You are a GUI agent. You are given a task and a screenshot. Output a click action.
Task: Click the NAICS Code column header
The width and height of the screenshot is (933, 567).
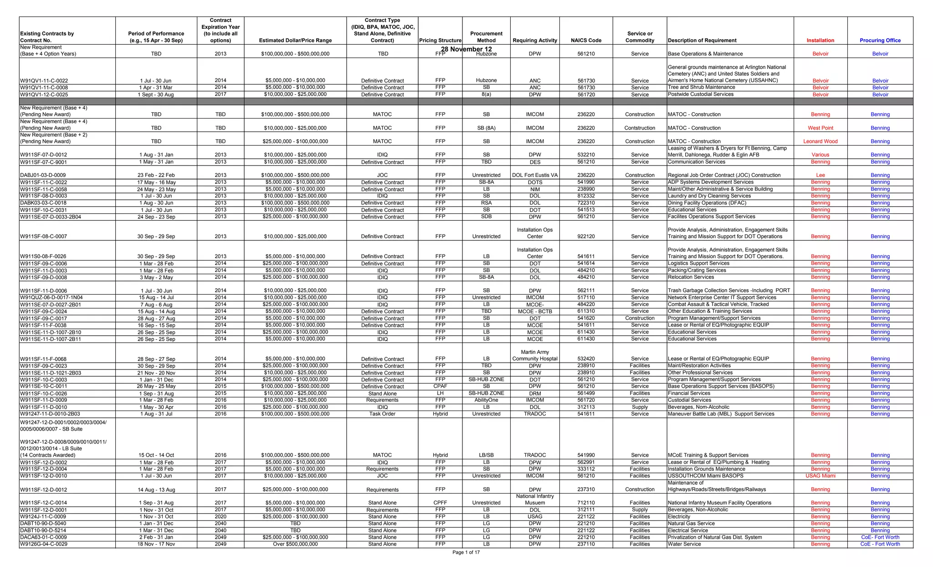[586, 40]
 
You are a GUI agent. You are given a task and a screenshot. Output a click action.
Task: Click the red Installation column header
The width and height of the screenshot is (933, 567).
[820, 40]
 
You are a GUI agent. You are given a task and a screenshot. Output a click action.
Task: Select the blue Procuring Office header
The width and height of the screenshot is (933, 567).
[880, 40]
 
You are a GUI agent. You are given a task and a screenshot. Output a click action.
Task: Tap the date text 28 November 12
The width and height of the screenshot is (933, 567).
[466, 49]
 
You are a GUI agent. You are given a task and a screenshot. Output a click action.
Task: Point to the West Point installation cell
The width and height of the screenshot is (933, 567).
[820, 128]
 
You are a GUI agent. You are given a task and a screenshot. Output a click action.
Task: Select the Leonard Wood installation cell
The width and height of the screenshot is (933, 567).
[820, 141]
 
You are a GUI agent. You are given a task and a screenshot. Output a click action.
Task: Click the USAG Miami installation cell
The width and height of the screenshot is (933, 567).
[820, 476]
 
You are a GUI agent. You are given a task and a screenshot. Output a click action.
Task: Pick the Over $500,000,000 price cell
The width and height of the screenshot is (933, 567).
[295, 544]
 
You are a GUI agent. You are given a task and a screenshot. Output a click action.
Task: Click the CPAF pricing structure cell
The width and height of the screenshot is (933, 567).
[440, 386]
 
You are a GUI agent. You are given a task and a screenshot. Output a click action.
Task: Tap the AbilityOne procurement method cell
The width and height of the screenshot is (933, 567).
[486, 400]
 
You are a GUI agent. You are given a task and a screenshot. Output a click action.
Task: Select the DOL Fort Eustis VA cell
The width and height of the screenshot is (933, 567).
[535, 175]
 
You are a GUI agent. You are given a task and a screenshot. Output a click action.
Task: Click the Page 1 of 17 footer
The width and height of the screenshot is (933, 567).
[466, 552]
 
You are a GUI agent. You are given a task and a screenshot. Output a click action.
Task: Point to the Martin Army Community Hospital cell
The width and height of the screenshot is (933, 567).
[535, 355]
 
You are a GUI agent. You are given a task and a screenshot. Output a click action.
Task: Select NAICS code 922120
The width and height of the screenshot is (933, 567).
[586, 237]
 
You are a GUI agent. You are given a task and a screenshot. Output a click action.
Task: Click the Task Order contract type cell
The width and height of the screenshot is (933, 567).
[382, 414]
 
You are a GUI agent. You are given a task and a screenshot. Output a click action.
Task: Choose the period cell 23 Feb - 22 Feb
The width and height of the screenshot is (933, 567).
[156, 175]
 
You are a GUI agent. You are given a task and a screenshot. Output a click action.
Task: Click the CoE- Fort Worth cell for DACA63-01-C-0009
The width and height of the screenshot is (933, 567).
[880, 537]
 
